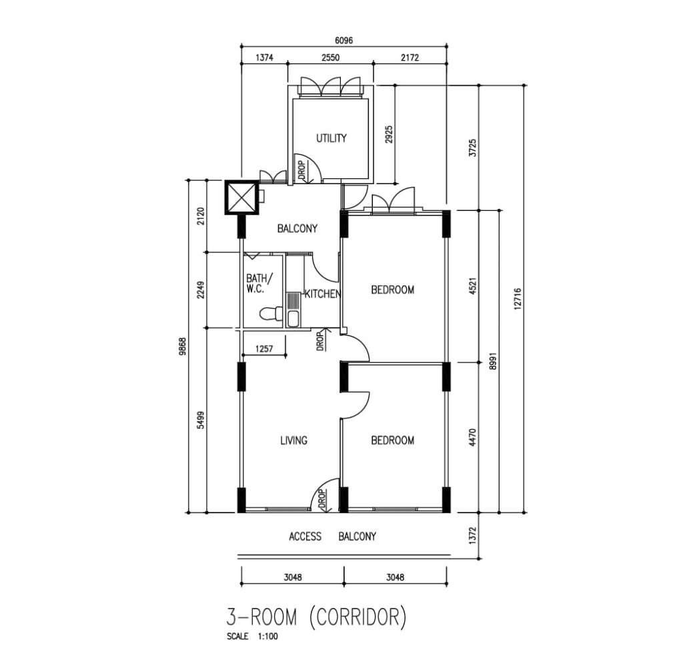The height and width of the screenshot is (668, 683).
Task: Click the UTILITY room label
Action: point(331,138)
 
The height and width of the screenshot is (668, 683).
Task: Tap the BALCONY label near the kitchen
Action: point(297,228)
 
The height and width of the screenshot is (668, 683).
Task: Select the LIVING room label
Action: point(293,440)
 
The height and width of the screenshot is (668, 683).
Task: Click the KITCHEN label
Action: point(322,294)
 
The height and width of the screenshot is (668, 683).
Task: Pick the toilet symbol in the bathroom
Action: point(271,314)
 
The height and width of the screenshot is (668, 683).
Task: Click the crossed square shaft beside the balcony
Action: point(241,197)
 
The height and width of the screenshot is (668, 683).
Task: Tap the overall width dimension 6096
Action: point(344,41)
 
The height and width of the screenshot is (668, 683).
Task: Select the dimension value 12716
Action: point(518,298)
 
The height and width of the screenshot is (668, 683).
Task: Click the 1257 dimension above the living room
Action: point(264,348)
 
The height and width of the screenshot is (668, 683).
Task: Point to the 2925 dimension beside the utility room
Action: point(389,134)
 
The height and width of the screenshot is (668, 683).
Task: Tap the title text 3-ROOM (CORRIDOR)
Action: point(316,617)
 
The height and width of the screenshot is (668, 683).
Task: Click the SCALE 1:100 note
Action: point(251,636)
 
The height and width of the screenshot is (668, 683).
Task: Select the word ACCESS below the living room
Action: point(305,537)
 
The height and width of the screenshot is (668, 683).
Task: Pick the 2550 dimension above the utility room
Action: point(330,57)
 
